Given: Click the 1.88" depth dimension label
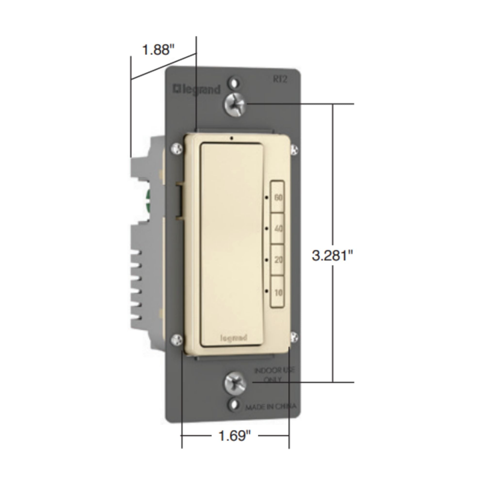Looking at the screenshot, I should [158, 49].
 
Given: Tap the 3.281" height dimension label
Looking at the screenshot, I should [332, 256].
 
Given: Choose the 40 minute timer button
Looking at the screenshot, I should [277, 228].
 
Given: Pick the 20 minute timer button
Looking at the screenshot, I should [277, 259].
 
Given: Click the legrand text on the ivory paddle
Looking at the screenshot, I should [234, 338].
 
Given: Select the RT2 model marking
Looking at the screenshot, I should [280, 80].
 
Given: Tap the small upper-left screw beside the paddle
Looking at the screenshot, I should [177, 149].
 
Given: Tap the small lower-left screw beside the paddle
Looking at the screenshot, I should [177, 340].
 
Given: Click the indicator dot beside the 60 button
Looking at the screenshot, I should [267, 198].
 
